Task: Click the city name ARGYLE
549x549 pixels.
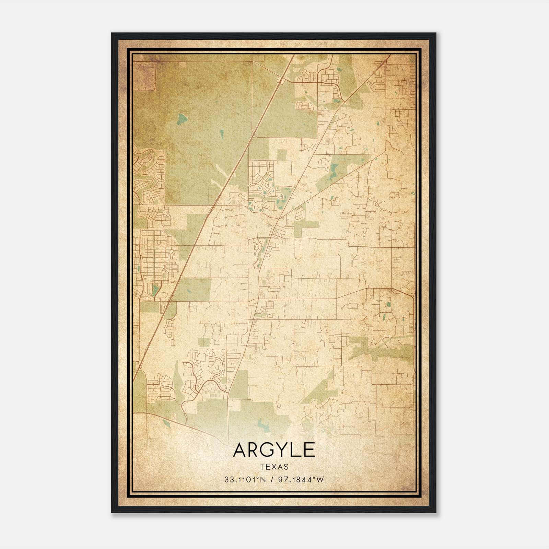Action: pyautogui.click(x=274, y=450)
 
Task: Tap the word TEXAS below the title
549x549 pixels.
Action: pyautogui.click(x=274, y=467)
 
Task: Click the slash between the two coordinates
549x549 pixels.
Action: pyautogui.click(x=272, y=480)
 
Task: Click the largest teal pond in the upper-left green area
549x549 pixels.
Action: pyautogui.click(x=182, y=119)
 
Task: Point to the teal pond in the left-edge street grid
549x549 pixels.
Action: pyautogui.click(x=155, y=290)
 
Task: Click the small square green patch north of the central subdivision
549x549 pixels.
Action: pyautogui.click(x=282, y=155)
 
